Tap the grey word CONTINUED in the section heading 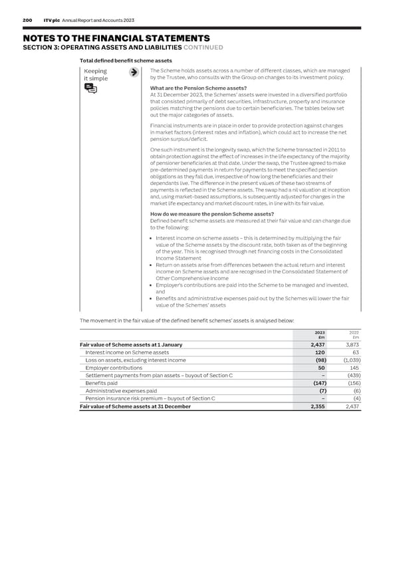click(203, 47)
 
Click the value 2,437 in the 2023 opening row click(317, 345)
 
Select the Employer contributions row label click(114, 368)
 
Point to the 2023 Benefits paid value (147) click(317, 383)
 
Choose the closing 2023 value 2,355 click(317, 406)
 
